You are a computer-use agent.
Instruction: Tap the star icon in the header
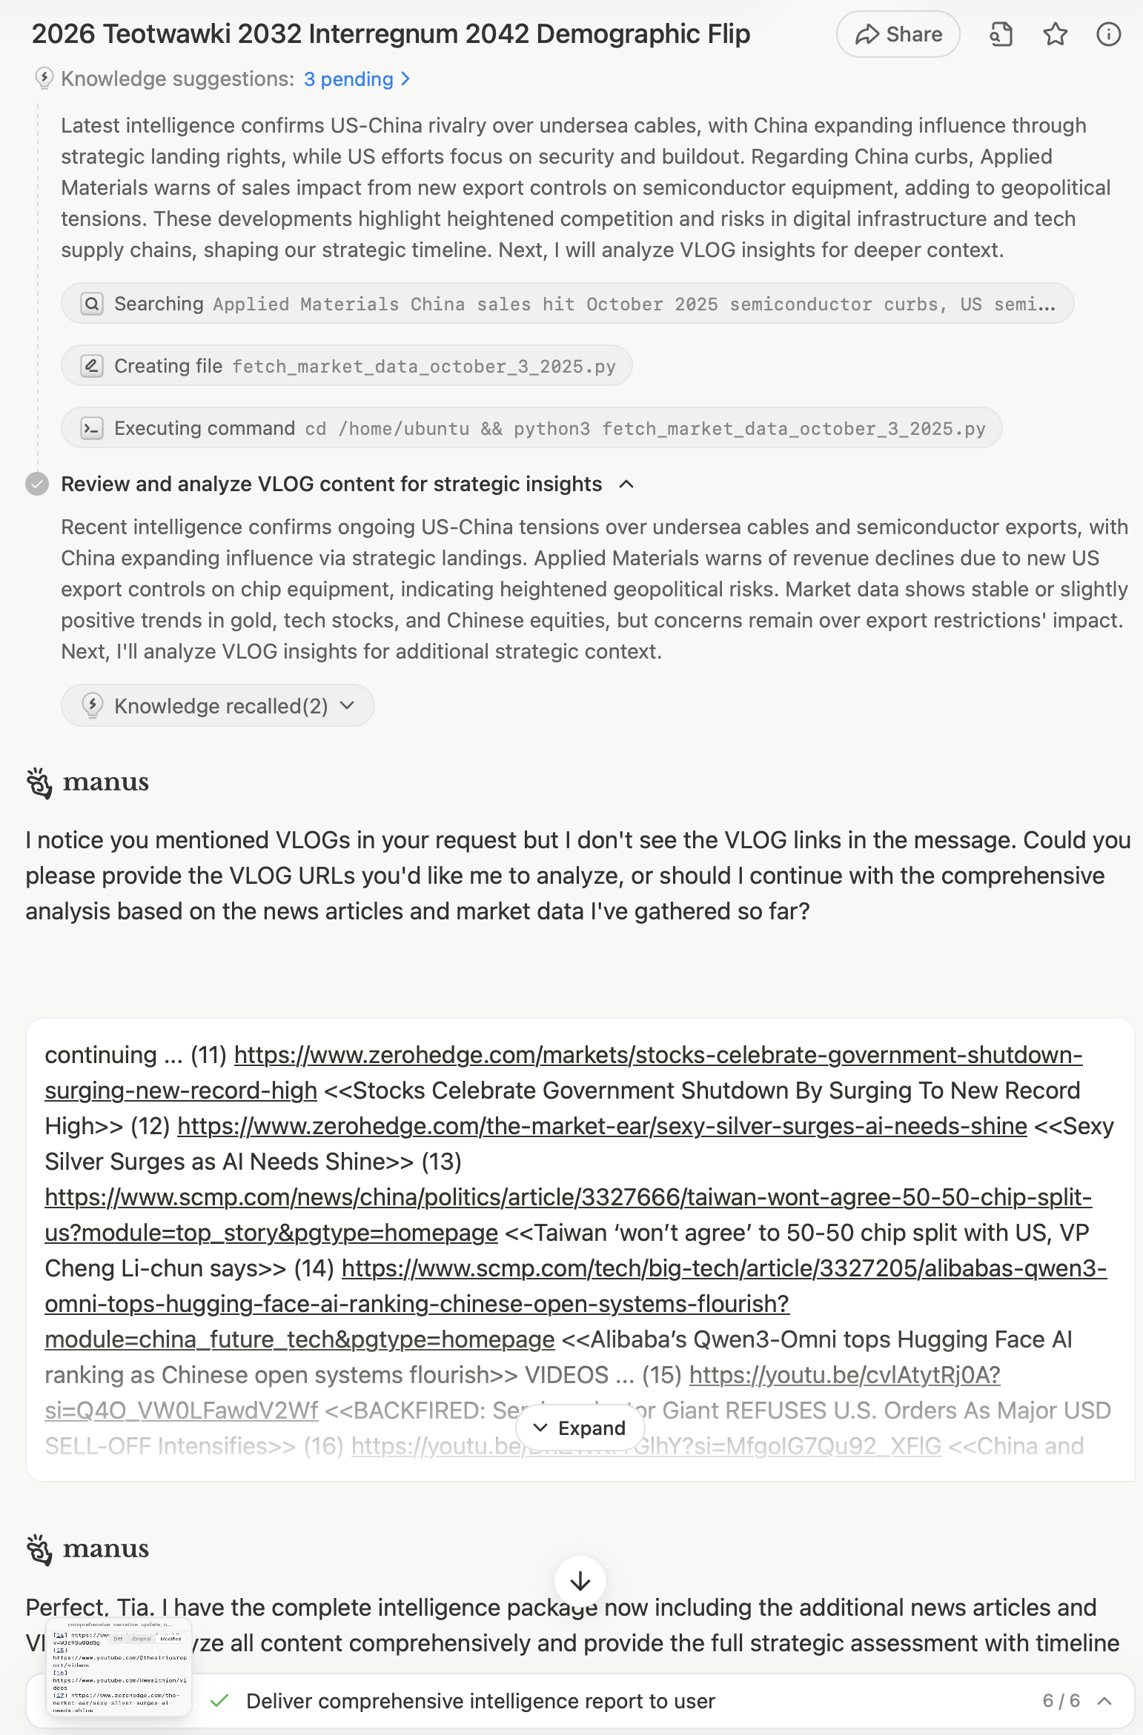tap(1055, 35)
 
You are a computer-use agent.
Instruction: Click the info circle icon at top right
tap(1108, 35)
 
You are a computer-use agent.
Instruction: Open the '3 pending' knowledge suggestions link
tap(357, 79)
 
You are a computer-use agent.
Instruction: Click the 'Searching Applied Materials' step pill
tap(567, 304)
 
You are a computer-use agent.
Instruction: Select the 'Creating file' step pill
tap(346, 366)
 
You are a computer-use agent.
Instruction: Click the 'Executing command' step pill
tap(531, 428)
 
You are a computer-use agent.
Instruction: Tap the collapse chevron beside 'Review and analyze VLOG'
tap(626, 484)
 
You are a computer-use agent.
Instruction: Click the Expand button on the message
tap(580, 1428)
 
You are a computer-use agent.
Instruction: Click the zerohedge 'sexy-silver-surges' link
tap(602, 1126)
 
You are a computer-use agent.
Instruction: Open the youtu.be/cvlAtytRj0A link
tap(844, 1375)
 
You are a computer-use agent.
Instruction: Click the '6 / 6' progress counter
tap(1061, 1701)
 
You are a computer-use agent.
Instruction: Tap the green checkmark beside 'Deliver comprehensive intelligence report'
tap(219, 1701)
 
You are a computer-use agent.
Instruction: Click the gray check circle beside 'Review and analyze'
tap(37, 484)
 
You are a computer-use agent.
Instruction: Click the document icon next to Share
tap(1001, 35)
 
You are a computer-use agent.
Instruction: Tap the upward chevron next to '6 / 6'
tap(1104, 1701)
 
